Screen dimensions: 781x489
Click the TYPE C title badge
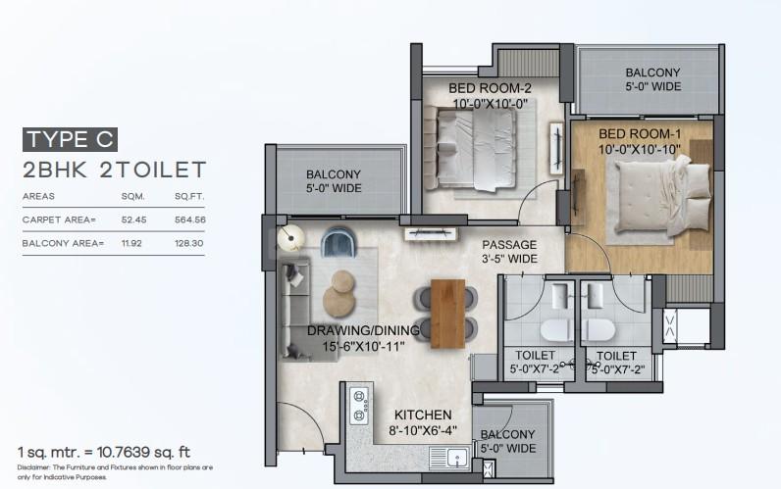pyautogui.click(x=70, y=139)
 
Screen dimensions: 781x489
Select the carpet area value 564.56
pyautogui.click(x=189, y=220)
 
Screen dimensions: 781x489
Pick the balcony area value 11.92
pyautogui.click(x=131, y=243)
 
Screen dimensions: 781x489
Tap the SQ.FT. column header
pyautogui.click(x=189, y=197)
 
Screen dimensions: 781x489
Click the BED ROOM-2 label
pyautogui.click(x=490, y=88)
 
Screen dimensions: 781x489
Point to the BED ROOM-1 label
pyautogui.click(x=640, y=134)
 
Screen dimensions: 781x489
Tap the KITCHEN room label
pyautogui.click(x=423, y=415)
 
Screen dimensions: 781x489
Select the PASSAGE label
pyautogui.click(x=509, y=245)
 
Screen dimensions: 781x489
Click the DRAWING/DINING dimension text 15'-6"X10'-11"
pyautogui.click(x=363, y=347)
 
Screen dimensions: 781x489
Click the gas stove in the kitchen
pyautogui.click(x=359, y=406)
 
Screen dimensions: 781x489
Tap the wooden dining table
pyautogui.click(x=447, y=314)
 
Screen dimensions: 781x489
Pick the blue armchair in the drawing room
pyautogui.click(x=338, y=242)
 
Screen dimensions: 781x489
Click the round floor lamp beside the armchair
pyautogui.click(x=290, y=238)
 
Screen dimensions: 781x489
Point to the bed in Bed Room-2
pyautogui.click(x=475, y=149)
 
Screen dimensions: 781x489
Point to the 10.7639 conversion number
pyautogui.click(x=123, y=452)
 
